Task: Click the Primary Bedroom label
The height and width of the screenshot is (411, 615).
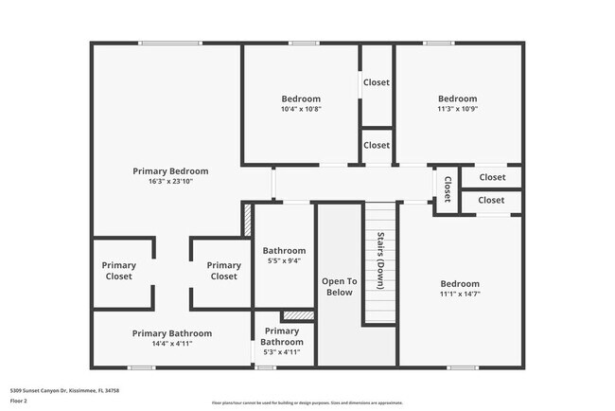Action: point(170,171)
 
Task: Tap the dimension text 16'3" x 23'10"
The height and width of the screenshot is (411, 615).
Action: point(170,182)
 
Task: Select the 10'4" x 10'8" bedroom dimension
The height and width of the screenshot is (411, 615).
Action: point(301,109)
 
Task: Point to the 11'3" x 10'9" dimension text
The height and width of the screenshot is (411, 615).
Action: point(457,109)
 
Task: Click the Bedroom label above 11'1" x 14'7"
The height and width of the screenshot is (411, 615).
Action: point(460,283)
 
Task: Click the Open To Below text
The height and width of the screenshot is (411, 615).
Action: point(339,287)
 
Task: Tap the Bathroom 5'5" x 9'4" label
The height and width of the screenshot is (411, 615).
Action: point(282,256)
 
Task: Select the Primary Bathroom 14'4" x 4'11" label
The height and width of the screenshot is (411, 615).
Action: point(172,339)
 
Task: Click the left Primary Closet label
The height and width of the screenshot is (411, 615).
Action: point(119,271)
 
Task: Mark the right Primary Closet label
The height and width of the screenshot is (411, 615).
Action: point(223,271)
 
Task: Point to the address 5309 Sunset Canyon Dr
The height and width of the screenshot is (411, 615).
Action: point(64,390)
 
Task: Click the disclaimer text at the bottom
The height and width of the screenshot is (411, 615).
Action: point(308,402)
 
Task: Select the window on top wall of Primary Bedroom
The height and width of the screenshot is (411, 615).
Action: point(170,43)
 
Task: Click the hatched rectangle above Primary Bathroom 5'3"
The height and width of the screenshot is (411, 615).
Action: point(298,315)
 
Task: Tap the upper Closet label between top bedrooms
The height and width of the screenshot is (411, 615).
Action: point(377,82)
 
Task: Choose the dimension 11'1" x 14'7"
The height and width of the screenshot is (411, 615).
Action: point(460,295)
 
